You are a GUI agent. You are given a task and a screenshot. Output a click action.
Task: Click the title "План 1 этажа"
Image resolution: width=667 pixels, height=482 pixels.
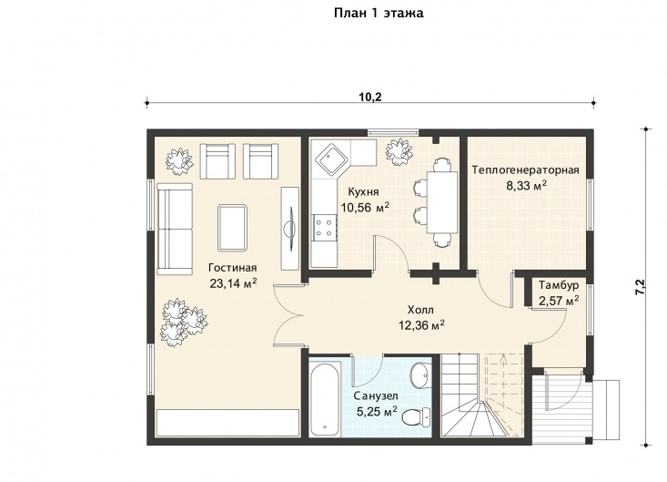pos(379,13)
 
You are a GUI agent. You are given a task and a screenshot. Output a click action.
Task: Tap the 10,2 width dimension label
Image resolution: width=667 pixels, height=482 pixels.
pos(370,97)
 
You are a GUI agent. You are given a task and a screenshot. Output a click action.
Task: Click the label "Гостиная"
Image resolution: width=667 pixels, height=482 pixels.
pos(233,268)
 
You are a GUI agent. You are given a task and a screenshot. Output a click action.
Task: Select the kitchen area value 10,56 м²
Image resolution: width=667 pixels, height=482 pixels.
pos(365,208)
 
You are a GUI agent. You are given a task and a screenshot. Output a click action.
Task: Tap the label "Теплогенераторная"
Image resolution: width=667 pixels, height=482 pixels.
pos(525,169)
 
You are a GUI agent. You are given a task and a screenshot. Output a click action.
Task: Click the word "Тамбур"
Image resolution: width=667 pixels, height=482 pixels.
pos(559,285)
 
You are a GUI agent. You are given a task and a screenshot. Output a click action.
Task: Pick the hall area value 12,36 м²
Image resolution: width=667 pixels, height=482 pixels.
pos(421,325)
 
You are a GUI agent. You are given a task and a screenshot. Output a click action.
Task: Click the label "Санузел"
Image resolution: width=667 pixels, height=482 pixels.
pos(376,396)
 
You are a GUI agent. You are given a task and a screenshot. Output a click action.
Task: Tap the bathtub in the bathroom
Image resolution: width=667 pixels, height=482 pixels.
pos(325,399)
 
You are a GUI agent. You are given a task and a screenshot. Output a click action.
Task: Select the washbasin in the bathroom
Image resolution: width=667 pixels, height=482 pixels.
pos(420,374)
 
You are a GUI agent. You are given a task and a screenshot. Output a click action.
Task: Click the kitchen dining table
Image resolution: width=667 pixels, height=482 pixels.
pos(442,201)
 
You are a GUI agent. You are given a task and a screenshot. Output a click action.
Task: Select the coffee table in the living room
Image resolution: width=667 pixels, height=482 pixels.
pos(232,228)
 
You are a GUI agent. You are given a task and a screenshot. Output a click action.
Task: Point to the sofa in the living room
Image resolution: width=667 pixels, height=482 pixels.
pos(175,229)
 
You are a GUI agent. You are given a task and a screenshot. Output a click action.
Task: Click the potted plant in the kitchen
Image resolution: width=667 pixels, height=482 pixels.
pos(399,151)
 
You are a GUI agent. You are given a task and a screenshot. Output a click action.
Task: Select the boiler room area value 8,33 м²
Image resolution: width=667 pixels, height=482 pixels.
pos(526,186)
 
